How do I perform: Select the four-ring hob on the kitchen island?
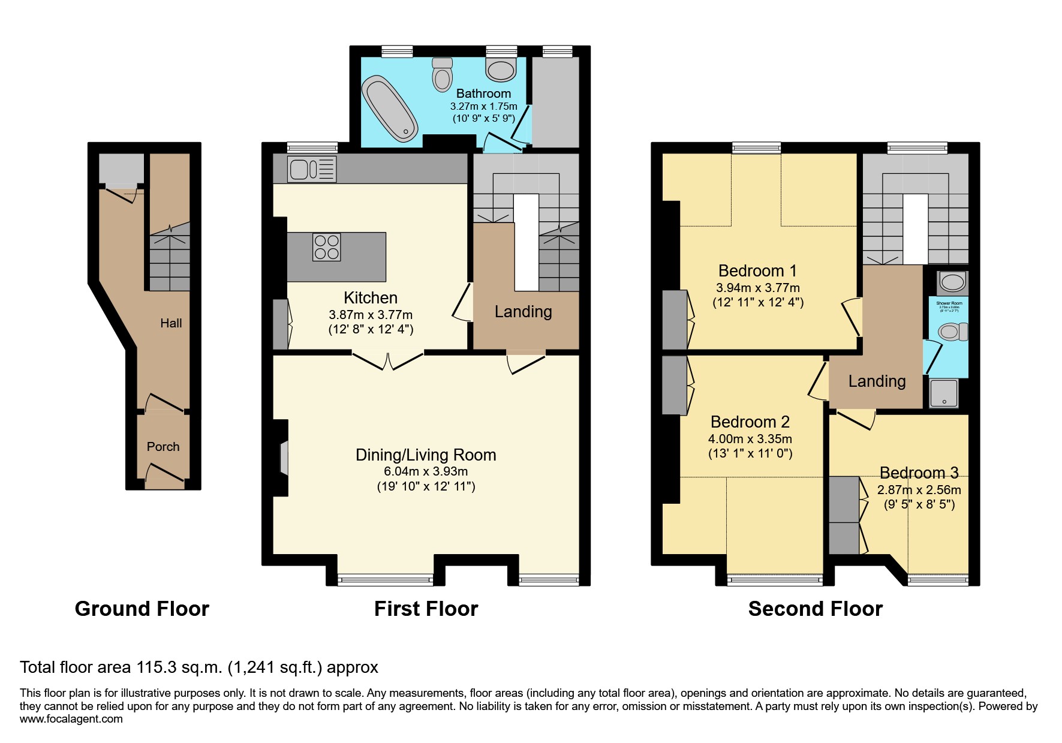[326, 247]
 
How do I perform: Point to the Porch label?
[163, 447]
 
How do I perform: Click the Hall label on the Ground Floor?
[171, 323]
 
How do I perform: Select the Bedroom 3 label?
[919, 473]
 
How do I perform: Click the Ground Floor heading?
[142, 609]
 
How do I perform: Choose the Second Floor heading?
[815, 609]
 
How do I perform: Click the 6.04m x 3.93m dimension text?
[426, 471]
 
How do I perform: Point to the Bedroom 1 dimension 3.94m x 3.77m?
[757, 287]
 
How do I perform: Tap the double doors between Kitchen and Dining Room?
[388, 361]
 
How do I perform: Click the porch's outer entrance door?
[164, 473]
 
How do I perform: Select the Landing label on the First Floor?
[523, 312]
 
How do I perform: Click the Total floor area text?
[199, 667]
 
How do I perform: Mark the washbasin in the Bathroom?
[501, 70]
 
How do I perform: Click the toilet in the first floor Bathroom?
[443, 76]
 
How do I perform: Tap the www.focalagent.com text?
[71, 719]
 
